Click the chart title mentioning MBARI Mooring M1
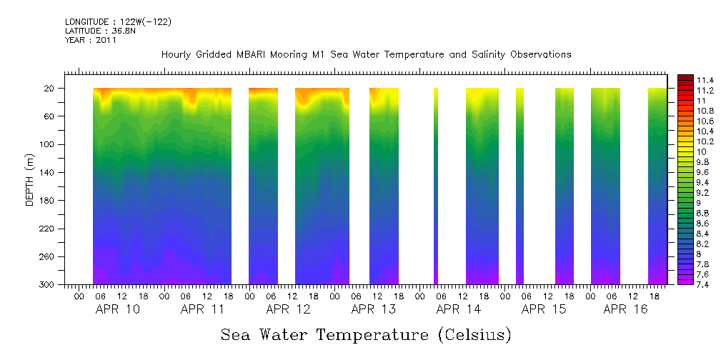pos(366,55)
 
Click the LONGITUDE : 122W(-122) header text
pos(118,22)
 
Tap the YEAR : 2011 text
pos(90,40)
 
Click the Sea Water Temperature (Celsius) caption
pos(366,334)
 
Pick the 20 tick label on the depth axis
pos(50,89)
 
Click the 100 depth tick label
pos(48,144)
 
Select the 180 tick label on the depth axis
pos(48,201)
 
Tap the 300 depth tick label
pos(48,285)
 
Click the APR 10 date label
pos(118,309)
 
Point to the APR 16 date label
pos(625,309)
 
